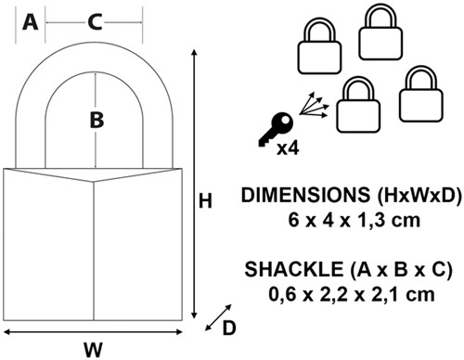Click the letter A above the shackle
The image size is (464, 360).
coord(31,22)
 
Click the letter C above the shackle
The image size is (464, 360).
coord(95,22)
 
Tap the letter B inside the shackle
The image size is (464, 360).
coord(97,120)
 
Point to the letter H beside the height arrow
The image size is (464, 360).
coord(205,201)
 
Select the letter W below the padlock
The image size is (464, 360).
coord(93,350)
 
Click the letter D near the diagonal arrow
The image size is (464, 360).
coord(229,328)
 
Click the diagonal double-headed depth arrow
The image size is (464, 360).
coord(218,317)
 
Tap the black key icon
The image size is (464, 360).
coord(276,129)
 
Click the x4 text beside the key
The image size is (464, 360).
coord(288,148)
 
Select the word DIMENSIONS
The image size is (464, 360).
coord(305,195)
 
